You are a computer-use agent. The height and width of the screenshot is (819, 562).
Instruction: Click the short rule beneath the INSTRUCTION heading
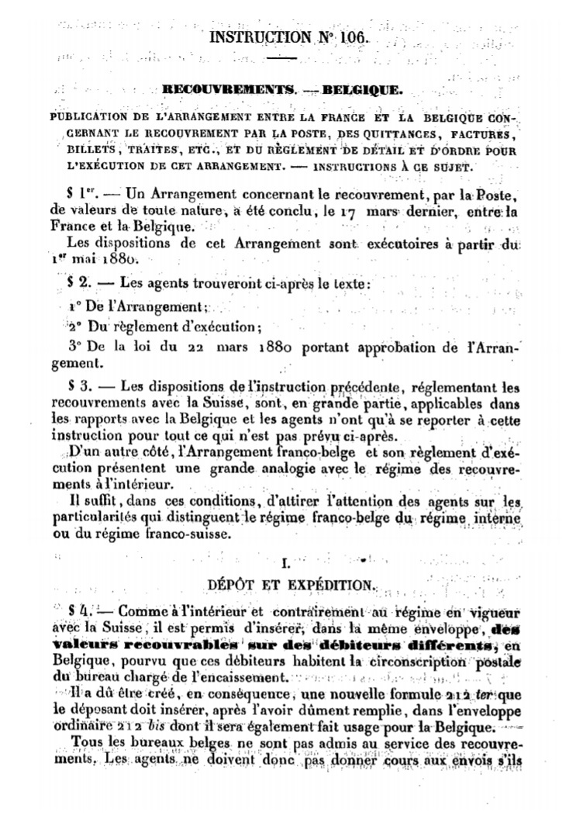[x=282, y=58]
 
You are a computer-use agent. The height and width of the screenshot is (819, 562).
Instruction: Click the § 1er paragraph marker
[x=84, y=192]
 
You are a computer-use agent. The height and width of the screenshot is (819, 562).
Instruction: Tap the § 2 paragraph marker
[x=79, y=284]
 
